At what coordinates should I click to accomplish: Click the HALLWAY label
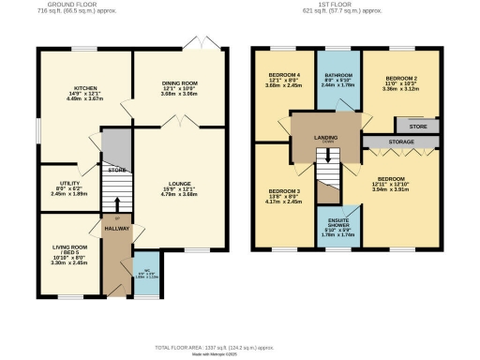115,227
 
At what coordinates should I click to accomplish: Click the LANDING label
326,139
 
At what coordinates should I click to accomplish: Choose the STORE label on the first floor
418,124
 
